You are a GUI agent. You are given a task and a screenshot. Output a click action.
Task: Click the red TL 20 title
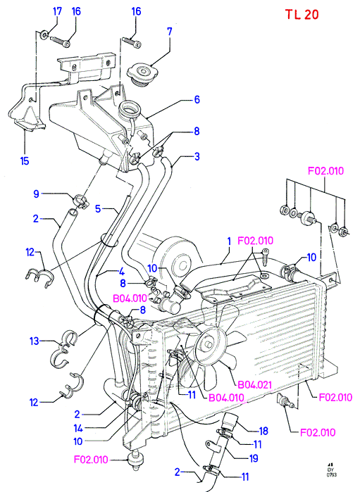[x=302, y=15]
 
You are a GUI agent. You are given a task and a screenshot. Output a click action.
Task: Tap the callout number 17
[x=57, y=11]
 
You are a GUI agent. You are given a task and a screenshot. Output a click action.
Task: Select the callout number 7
[x=170, y=32]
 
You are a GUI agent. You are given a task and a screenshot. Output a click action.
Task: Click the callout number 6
[x=197, y=99]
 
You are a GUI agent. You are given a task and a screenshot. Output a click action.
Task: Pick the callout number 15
[x=25, y=161]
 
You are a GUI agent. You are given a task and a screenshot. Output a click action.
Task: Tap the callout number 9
[x=37, y=194]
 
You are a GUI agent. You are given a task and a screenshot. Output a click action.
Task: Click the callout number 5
[x=98, y=208]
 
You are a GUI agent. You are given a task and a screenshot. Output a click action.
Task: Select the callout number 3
[x=197, y=156]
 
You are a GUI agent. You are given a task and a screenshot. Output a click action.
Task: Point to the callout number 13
[x=35, y=341]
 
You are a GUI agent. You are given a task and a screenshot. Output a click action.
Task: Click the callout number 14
[x=78, y=428]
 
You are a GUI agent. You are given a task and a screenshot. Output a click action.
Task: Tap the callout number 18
[x=263, y=431]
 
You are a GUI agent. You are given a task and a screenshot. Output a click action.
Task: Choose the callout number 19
[x=254, y=458]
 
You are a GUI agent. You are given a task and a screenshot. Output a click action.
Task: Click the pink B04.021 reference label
[x=255, y=385]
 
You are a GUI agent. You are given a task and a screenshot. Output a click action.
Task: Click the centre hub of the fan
[x=208, y=344]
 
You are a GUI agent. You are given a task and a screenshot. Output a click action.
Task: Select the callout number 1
[x=229, y=241]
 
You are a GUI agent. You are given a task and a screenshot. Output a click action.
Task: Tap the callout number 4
[x=122, y=272]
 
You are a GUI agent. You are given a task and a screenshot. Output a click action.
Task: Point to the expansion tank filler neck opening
[x=130, y=108]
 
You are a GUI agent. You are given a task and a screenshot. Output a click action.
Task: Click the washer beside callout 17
[x=44, y=34]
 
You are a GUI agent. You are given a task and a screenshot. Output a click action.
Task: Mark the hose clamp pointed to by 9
[x=80, y=201]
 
